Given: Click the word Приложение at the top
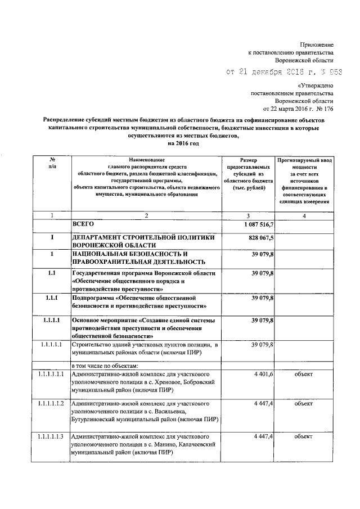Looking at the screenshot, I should coord(316,44).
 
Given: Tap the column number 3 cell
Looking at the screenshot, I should coord(247,215).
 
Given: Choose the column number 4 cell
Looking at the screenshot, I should coord(304,215).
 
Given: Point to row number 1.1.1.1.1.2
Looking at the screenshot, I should coord(52,404).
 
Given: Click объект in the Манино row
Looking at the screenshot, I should coord(304,436).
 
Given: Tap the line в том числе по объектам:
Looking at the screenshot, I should coord(100,366).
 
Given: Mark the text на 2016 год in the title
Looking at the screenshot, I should coord(179,143).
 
